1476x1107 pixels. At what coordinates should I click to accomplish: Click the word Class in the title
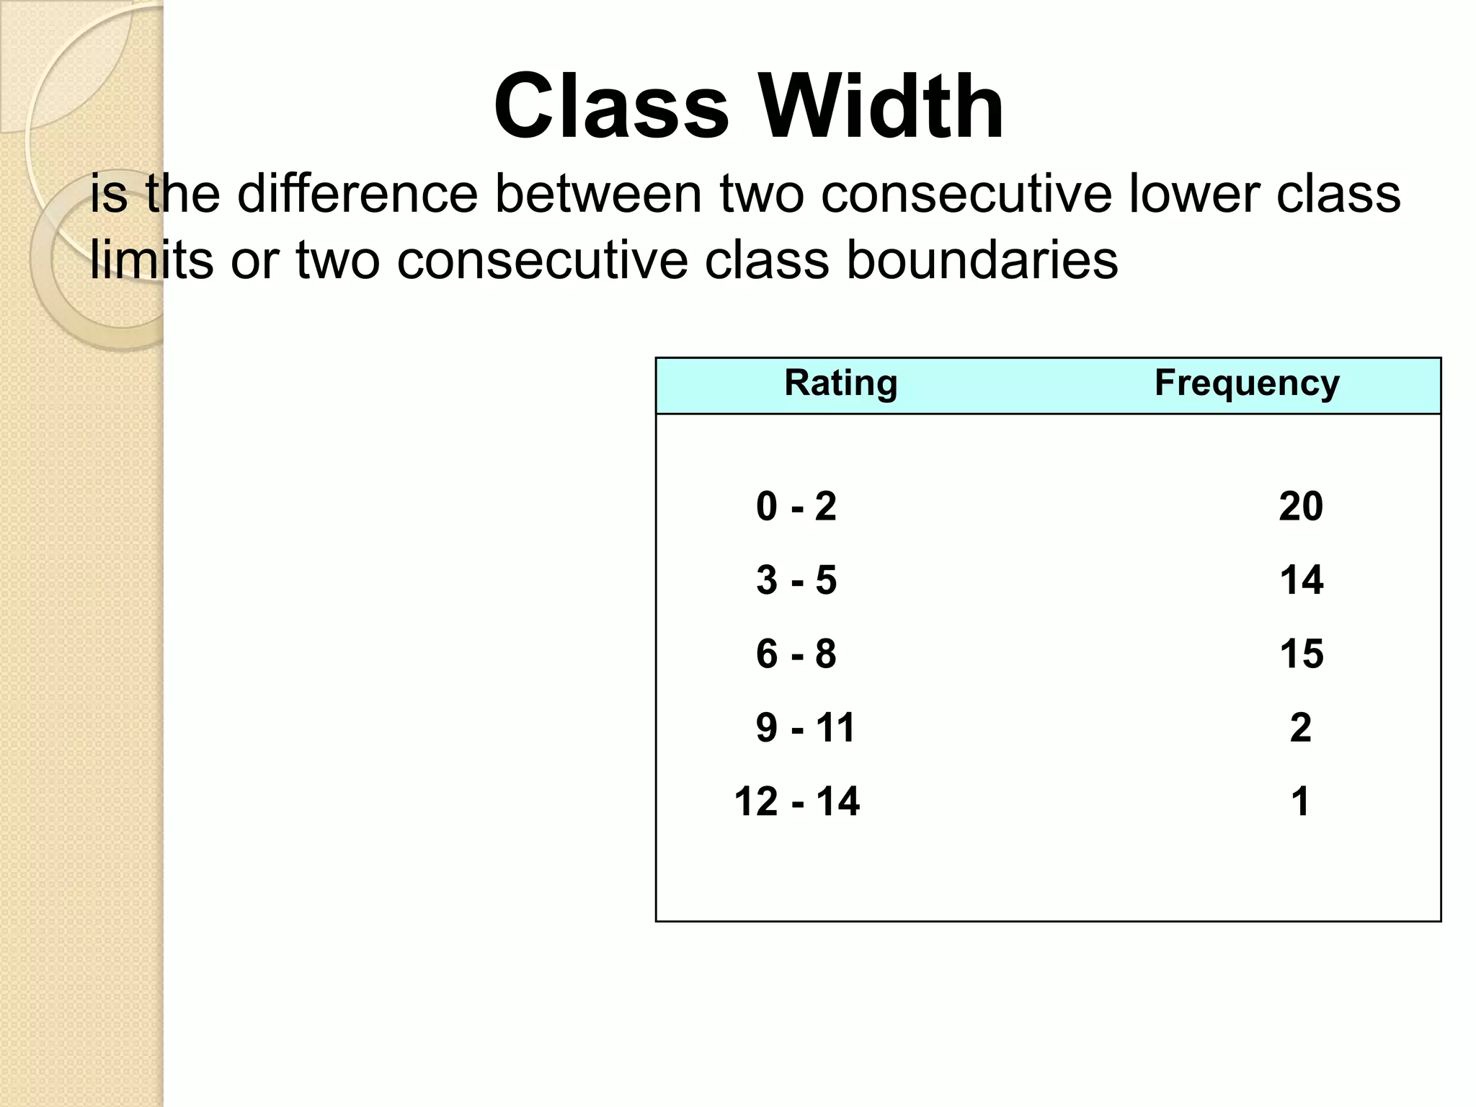click(611, 107)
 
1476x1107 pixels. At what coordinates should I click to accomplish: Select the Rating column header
click(840, 383)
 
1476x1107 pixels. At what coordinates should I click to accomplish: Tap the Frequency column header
click(1247, 383)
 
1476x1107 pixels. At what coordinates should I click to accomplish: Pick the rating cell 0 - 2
click(796, 507)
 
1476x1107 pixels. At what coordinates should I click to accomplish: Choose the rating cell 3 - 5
click(796, 580)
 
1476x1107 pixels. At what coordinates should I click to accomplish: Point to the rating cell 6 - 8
click(796, 654)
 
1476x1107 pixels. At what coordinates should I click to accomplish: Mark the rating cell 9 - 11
click(805, 728)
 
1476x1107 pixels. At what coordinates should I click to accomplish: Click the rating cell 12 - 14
click(796, 801)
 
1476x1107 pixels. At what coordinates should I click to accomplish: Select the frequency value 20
click(1301, 507)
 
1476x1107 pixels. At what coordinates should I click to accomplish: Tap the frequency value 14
click(1301, 580)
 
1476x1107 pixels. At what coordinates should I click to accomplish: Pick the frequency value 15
click(1301, 654)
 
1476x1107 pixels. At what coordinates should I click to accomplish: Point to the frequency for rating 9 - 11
click(1301, 728)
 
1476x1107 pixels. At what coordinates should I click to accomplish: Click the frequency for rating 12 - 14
click(1301, 801)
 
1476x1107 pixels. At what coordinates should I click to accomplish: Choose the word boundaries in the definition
click(982, 259)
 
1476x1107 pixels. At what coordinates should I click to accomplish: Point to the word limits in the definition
click(151, 259)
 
